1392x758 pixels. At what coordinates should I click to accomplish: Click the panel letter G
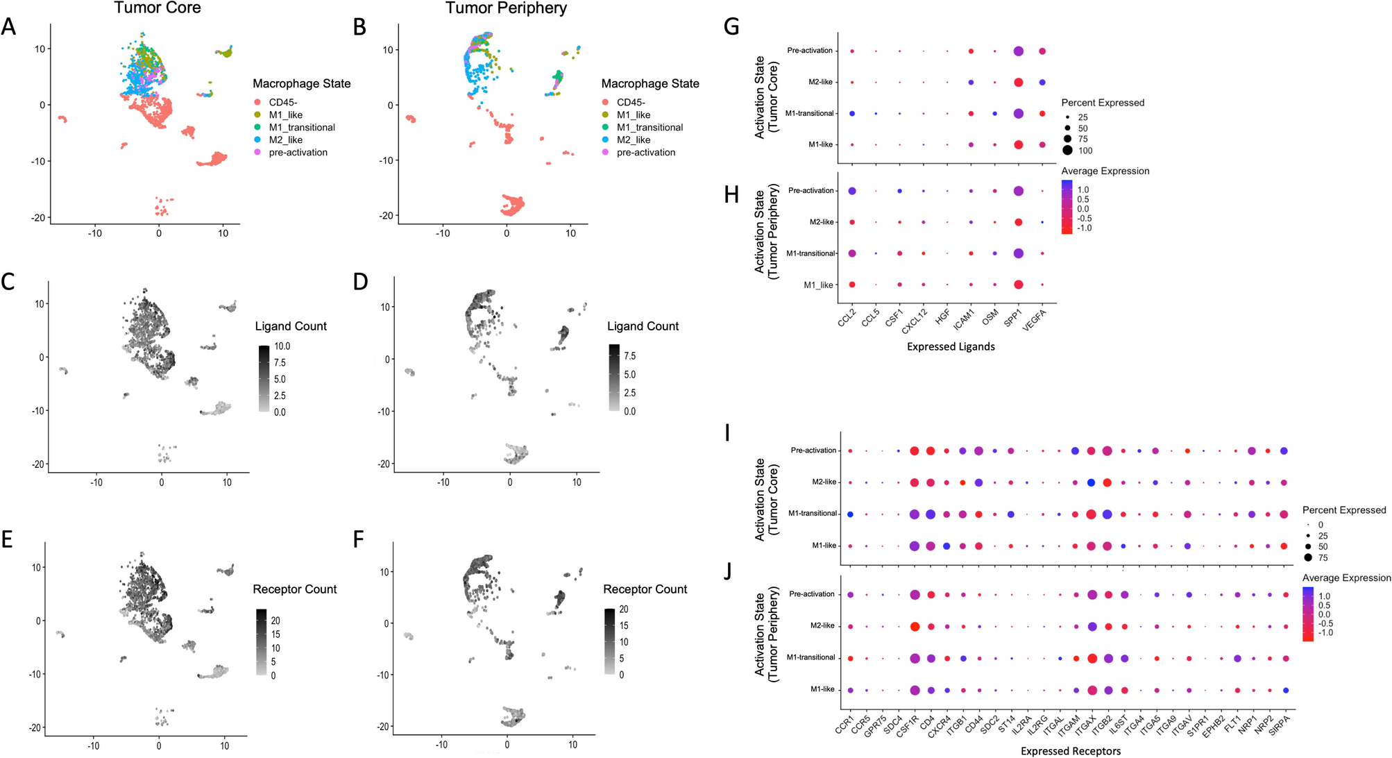coord(731,27)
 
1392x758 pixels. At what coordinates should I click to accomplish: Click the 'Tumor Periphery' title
coord(506,8)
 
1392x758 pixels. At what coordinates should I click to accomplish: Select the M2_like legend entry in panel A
coord(285,140)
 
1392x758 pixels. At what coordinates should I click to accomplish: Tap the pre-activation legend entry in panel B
coord(645,153)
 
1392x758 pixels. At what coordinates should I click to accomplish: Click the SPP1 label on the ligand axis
coord(1013,318)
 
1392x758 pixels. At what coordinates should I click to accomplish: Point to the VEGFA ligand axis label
coord(1034,320)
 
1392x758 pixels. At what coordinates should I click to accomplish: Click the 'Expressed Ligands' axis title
coord(951,346)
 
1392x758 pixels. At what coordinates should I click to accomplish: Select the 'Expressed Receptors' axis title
coord(1070,751)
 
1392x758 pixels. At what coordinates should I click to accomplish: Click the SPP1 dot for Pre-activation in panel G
coord(1018,51)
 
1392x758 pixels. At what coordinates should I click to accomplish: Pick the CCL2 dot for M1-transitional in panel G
coord(851,113)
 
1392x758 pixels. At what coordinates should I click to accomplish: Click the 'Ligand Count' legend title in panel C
coord(291,326)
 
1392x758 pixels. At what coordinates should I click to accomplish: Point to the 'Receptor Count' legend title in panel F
coord(645,589)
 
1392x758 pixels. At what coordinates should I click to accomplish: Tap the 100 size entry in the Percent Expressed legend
coord(1085,151)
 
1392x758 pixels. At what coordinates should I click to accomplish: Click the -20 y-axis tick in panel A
coord(38,217)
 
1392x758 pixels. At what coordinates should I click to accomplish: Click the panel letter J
coord(727,571)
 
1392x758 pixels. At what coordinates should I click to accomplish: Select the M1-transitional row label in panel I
coord(812,514)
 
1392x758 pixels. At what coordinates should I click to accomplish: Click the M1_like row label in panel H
coord(818,285)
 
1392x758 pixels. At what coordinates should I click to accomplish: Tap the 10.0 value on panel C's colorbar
coord(282,346)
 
